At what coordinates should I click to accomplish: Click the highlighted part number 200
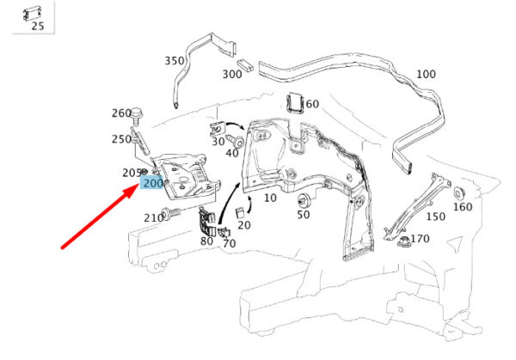coord(153,184)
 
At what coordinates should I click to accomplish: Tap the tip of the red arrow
coord(139,185)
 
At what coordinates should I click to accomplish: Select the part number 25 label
coord(38,26)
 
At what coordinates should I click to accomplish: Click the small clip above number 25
coord(31,14)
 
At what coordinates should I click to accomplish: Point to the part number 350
coord(175,61)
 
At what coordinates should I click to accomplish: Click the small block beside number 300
coord(245,65)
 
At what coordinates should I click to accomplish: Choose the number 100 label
coord(427,74)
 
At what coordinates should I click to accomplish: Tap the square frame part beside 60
coord(295,103)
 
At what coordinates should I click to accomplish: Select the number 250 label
coord(121,139)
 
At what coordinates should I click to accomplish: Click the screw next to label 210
coord(172,213)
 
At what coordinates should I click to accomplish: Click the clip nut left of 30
coord(218,129)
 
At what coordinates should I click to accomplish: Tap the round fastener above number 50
coord(303,200)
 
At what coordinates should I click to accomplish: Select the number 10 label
coord(270,198)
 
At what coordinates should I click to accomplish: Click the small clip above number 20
coord(240,212)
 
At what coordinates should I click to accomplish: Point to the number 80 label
coord(206,241)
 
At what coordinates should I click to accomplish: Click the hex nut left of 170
coord(403,241)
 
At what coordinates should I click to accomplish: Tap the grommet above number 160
coord(459,193)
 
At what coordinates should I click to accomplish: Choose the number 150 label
coord(436,217)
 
